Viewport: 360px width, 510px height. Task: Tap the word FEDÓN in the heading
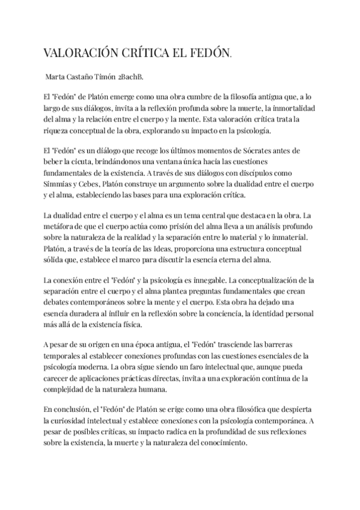209,54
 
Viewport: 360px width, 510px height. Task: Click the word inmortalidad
288,109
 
